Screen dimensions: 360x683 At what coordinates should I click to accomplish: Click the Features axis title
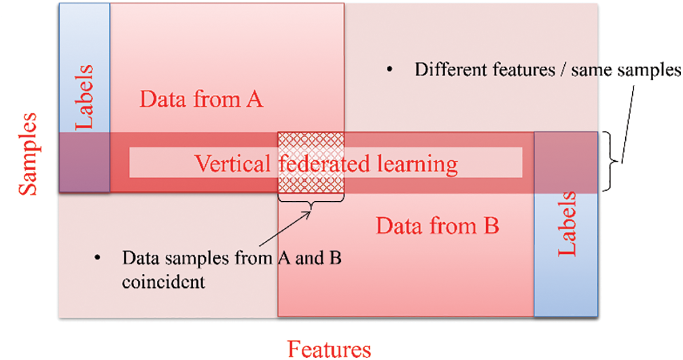(x=330, y=348)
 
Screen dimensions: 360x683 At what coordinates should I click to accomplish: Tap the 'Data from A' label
(x=201, y=100)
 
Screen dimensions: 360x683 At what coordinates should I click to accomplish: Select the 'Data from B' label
(x=438, y=226)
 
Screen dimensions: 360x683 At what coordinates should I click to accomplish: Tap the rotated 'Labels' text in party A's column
(x=84, y=97)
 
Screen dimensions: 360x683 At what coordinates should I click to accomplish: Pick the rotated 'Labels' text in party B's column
(x=567, y=224)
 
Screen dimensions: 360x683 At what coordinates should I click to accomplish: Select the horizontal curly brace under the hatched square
(x=311, y=202)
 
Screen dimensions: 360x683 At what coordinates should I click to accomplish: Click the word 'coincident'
(x=163, y=281)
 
